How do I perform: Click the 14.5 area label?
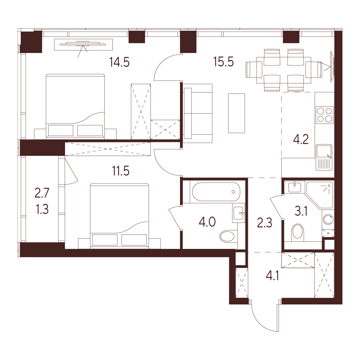click(120, 62)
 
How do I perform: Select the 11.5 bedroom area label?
click(121, 171)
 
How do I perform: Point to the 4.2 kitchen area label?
click(301, 139)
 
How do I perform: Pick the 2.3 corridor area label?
click(265, 223)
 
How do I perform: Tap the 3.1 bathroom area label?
click(301, 211)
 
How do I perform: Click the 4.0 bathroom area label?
click(207, 223)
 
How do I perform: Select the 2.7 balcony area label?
click(42, 193)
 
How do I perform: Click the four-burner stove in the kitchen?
click(324, 115)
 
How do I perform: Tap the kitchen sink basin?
click(324, 157)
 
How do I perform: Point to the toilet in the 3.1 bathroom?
click(298, 233)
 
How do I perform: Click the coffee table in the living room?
click(237, 113)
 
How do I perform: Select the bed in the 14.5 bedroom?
click(75, 106)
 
